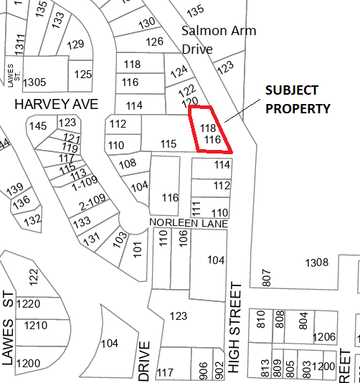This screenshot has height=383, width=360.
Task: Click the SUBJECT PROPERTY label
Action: click(x=298, y=100)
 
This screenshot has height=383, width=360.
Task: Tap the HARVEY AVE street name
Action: click(x=56, y=105)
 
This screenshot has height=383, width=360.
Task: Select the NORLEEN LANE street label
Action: click(x=189, y=224)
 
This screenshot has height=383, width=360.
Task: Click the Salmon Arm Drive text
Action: click(x=218, y=40)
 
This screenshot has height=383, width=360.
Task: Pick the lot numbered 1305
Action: click(x=34, y=82)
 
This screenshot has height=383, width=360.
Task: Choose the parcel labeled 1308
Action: click(x=316, y=263)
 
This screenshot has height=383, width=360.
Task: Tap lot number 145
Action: click(x=37, y=126)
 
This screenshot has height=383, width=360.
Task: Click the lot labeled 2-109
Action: click(x=93, y=200)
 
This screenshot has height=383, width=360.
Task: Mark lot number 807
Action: click(x=267, y=278)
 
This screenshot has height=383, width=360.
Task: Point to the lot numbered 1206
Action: click(x=325, y=337)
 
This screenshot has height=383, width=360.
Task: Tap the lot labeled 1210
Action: click(x=35, y=326)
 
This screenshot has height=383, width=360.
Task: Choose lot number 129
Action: click(x=76, y=44)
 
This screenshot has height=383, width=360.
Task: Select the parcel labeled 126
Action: click(x=154, y=42)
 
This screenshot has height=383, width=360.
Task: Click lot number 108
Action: click(x=127, y=164)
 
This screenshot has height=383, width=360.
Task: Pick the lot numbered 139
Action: click(x=15, y=189)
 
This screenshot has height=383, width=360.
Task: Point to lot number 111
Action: click(x=195, y=208)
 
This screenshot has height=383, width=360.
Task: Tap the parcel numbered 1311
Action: click(x=19, y=43)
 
